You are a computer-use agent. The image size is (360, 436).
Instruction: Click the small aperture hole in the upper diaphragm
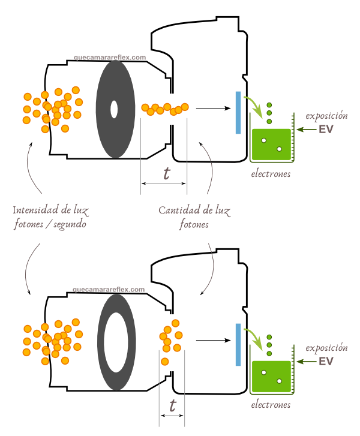pos(114,109)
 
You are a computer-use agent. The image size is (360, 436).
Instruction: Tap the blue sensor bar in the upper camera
pos(238,112)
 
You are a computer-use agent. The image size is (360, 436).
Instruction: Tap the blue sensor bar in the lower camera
pos(238,344)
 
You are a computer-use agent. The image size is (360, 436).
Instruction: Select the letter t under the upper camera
pos(166,173)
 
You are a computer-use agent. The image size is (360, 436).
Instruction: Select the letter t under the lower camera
pos(173,406)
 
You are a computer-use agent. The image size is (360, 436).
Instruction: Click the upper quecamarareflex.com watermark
pos(110,58)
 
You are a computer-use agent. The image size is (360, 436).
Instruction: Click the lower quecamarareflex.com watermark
pos(109,289)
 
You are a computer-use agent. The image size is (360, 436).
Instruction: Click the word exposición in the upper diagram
pos(326,115)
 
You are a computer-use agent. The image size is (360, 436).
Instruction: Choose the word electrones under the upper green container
pos(271,174)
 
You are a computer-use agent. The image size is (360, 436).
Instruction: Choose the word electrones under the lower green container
pos(271,405)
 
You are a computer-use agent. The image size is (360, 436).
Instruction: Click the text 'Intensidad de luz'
pos(50,211)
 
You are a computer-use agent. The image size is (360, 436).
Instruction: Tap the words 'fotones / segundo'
pos(50,225)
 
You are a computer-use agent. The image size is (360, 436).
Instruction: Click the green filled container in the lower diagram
pos(271,377)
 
